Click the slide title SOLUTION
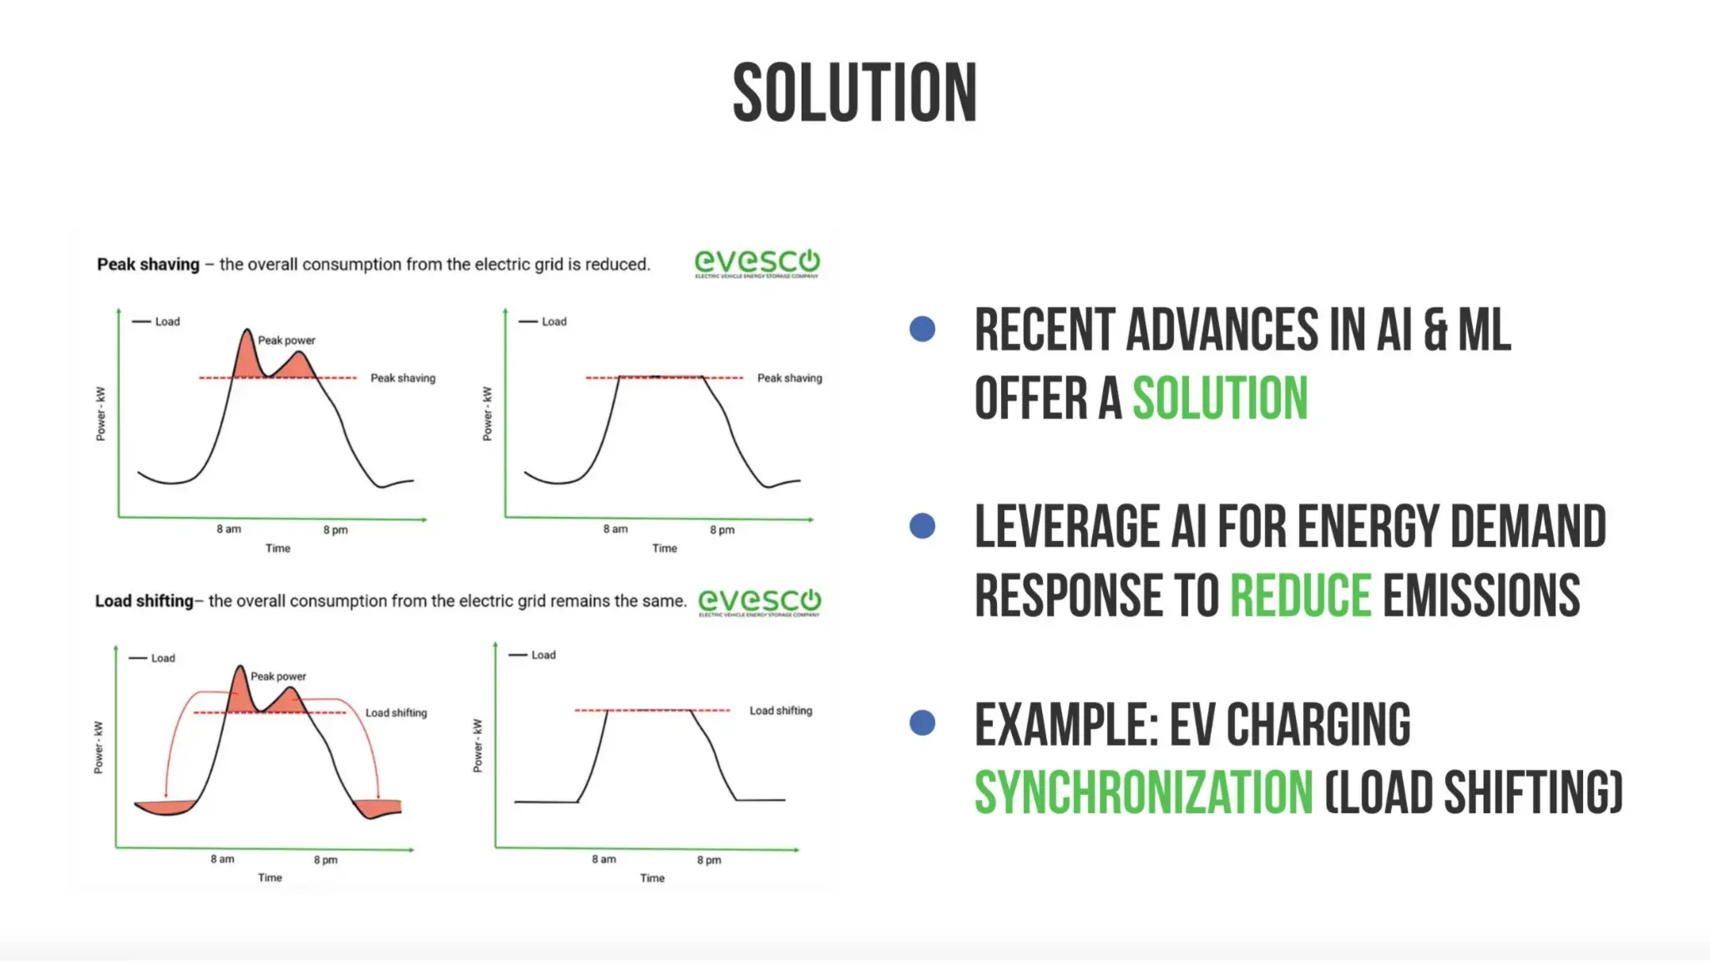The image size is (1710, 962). pos(854,93)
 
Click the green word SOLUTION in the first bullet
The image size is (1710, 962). pos(1219,398)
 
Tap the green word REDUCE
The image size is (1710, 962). pos(1300,595)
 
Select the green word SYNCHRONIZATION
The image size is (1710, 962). pos(1143,792)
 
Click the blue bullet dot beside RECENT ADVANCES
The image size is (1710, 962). pos(922,329)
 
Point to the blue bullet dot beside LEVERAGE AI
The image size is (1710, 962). pos(922,526)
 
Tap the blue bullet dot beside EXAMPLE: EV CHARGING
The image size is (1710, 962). pos(922,722)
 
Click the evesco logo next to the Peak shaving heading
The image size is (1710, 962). pos(756,263)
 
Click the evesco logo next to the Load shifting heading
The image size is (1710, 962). pos(759,601)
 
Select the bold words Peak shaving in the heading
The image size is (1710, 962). pos(148,265)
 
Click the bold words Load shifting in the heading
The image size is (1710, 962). pos(144,601)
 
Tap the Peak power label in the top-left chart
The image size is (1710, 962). pos(286,341)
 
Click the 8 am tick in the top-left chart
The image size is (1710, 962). pos(228,529)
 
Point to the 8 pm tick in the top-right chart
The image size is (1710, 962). pos(722,530)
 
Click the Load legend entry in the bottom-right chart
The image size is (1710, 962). pos(543,656)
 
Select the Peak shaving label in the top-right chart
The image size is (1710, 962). pos(789,378)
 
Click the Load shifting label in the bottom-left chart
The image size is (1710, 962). pos(396,713)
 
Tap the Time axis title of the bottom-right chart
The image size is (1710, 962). pos(652,878)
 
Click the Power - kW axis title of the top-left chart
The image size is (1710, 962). pos(101,413)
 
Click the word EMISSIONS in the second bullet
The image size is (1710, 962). pos(1480,595)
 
